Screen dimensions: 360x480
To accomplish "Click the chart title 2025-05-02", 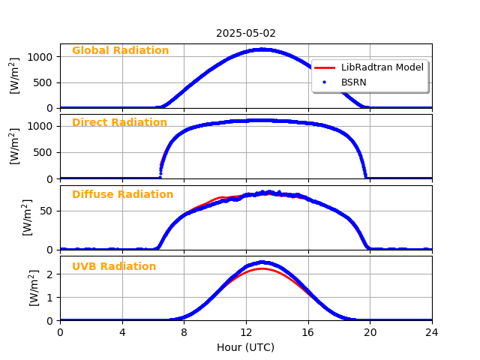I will (246, 34).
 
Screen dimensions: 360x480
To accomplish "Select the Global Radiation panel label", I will (120, 51).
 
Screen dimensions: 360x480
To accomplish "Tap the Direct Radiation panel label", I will (119, 123).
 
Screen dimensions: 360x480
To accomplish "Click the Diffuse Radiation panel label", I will (122, 195).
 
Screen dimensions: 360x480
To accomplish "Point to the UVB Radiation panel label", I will (114, 267).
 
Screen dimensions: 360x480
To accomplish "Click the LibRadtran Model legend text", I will (382, 67).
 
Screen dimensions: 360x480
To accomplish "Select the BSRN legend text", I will (354, 82).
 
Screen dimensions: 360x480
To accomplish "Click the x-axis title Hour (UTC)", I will (246, 347).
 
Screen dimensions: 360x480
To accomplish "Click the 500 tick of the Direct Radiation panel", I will (43, 152).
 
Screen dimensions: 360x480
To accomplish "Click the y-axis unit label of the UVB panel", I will (34, 288).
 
